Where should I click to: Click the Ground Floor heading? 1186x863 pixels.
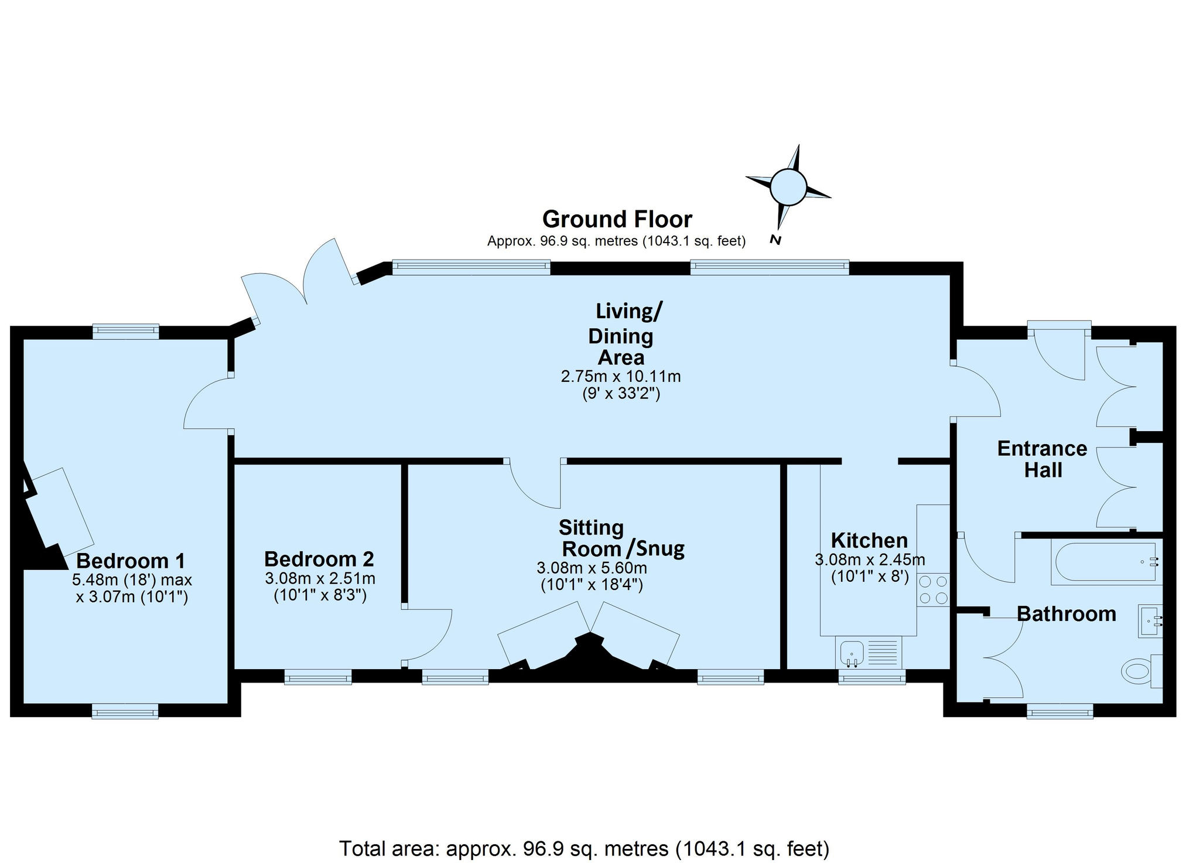pyautogui.click(x=617, y=219)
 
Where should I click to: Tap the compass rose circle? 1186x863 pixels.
pyautogui.click(x=788, y=187)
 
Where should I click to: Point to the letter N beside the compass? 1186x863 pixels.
pyautogui.click(x=776, y=240)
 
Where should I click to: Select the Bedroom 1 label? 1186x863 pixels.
pyautogui.click(x=131, y=561)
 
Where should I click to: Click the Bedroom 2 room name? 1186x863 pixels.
pyautogui.click(x=319, y=559)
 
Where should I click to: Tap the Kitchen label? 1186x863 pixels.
pyautogui.click(x=869, y=540)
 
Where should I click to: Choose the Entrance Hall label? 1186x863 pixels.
pyautogui.click(x=1043, y=459)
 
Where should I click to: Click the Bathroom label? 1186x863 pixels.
pyautogui.click(x=1067, y=614)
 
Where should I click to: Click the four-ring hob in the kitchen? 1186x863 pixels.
pyautogui.click(x=933, y=590)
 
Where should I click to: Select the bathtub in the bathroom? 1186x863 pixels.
pyautogui.click(x=1106, y=562)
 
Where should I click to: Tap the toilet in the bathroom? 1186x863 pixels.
pyautogui.click(x=1141, y=671)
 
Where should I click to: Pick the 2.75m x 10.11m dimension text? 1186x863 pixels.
pyautogui.click(x=621, y=376)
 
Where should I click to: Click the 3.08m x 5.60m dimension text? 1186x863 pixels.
pyautogui.click(x=592, y=568)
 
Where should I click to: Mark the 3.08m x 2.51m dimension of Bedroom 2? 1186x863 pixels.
pyautogui.click(x=320, y=579)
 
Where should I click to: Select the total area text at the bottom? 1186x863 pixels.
pyautogui.click(x=584, y=848)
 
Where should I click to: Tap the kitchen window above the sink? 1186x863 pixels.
pyautogui.click(x=872, y=678)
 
